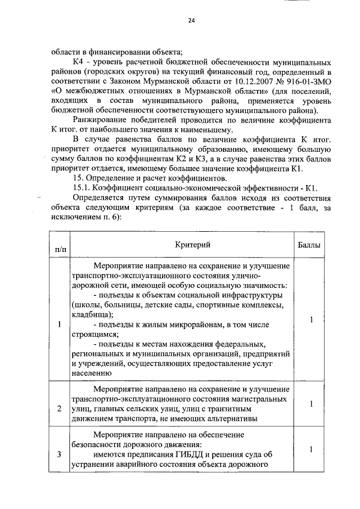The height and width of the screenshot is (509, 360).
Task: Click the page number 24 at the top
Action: [x=191, y=21]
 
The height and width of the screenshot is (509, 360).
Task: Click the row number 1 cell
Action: [x=60, y=324]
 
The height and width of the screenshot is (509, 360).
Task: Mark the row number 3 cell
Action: [x=60, y=454]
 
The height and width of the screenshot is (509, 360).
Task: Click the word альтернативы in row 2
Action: [x=232, y=418]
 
